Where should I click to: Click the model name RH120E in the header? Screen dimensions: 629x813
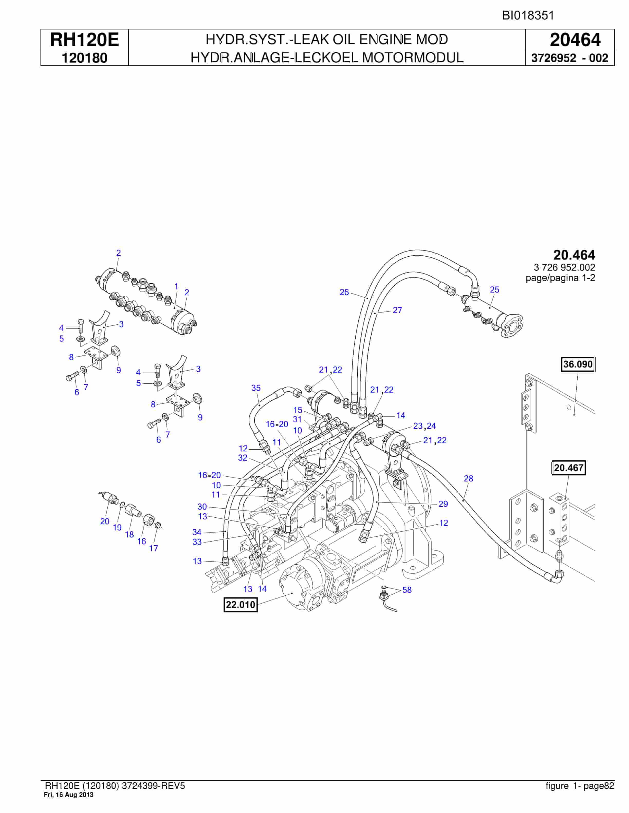coord(85,40)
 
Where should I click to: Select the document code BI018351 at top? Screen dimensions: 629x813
coord(528,16)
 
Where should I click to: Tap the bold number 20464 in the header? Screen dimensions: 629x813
coord(575,40)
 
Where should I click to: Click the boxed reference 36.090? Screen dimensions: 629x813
coord(578,364)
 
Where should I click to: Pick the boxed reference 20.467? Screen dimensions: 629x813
coord(568,468)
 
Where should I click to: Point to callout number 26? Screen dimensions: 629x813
coord(344,292)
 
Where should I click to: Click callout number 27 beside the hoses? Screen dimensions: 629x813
coord(397,310)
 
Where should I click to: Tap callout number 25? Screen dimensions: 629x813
coord(494,290)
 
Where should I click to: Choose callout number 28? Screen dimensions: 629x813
coord(468,478)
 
